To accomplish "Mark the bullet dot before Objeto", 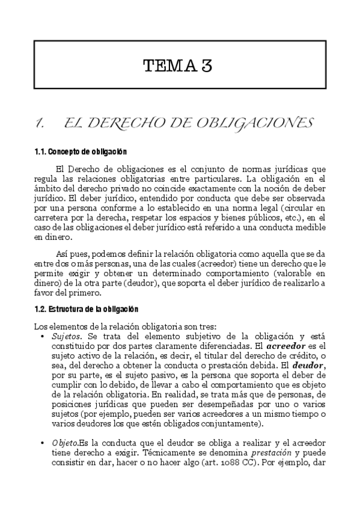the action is tap(41, 443).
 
